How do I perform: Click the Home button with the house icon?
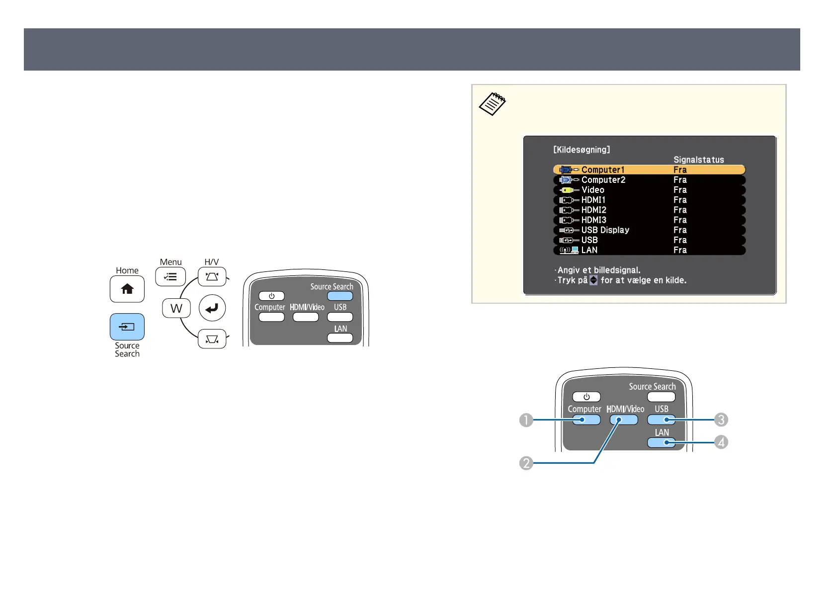[x=127, y=289]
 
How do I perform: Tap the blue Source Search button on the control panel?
[x=127, y=327]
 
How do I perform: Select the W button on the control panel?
[x=176, y=309]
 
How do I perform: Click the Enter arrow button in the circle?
[x=212, y=309]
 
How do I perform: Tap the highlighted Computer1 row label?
[x=603, y=170]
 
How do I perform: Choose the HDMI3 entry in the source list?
[x=594, y=220]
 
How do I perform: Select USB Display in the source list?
[x=605, y=230]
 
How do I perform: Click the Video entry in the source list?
[x=593, y=190]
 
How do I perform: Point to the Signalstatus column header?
[x=698, y=160]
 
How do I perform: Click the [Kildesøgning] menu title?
[x=582, y=150]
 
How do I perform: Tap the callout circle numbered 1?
[x=526, y=421]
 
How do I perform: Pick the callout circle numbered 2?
[x=526, y=463]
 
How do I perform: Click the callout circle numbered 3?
[x=721, y=420]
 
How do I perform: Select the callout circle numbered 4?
[x=721, y=442]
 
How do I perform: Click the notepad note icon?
[x=492, y=104]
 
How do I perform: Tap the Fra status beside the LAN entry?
[x=680, y=250]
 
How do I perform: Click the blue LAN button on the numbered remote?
[x=661, y=442]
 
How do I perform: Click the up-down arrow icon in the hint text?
[x=593, y=280]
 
